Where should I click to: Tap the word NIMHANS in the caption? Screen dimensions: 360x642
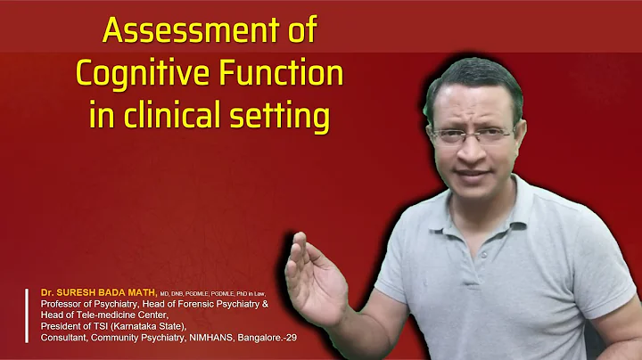218,339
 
